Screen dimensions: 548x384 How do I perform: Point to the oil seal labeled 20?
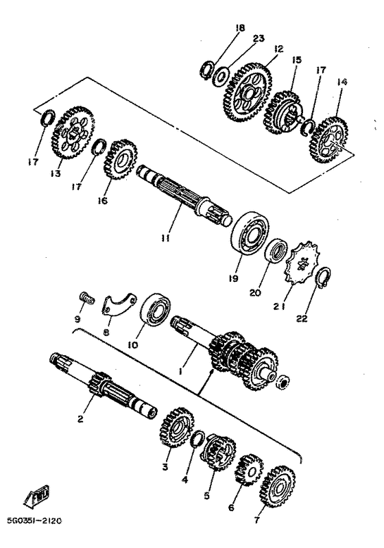(276, 250)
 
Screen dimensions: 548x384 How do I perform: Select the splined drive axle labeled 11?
(182, 195)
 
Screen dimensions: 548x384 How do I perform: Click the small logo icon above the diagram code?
(34, 497)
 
